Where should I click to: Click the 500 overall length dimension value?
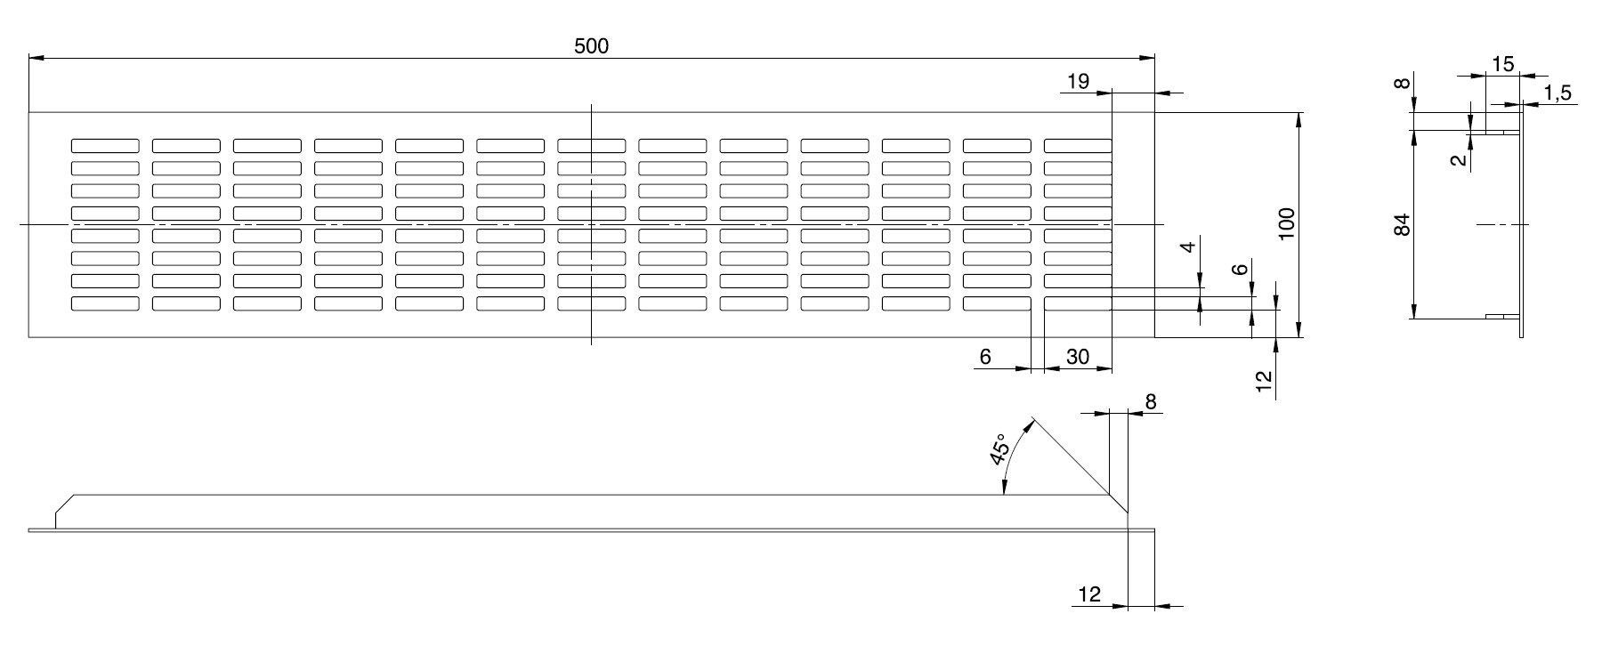click(591, 46)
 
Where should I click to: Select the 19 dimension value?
click(1077, 82)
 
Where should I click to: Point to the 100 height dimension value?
click(1286, 225)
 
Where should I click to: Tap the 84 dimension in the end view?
click(1402, 225)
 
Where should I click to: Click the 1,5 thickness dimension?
click(1557, 93)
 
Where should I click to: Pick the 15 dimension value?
click(1502, 64)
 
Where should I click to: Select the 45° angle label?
click(1000, 450)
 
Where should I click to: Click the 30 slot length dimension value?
click(1077, 357)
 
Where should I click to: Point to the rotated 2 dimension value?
click(1457, 160)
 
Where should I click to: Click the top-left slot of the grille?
click(105, 146)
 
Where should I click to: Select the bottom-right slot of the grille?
click(1077, 303)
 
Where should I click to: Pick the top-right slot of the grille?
click(1077, 146)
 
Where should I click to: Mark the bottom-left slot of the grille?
click(105, 303)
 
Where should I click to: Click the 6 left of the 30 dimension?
click(985, 357)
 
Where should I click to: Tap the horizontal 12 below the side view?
click(1089, 594)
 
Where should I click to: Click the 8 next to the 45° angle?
click(1150, 402)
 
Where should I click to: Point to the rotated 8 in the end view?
click(1402, 84)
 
